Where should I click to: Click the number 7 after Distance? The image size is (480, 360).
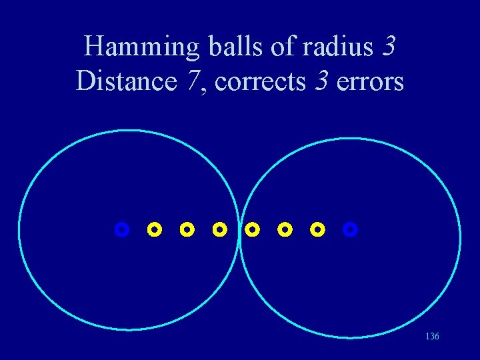tap(193, 81)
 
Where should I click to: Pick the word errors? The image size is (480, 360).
tap(371, 81)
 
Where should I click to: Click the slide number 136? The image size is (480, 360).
tap(432, 337)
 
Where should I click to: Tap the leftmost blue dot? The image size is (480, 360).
tap(121, 230)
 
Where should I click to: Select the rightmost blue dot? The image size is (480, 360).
tap(351, 230)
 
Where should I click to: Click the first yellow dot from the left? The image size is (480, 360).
tap(154, 230)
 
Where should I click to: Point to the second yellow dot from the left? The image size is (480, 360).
tap(187, 230)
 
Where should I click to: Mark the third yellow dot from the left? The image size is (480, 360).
tap(219, 230)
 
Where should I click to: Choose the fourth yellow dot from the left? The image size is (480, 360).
tap(252, 230)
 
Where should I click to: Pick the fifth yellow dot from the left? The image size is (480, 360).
tap(285, 230)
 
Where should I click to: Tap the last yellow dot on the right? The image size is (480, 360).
tap(318, 230)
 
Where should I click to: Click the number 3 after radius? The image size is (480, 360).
tap(390, 47)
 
